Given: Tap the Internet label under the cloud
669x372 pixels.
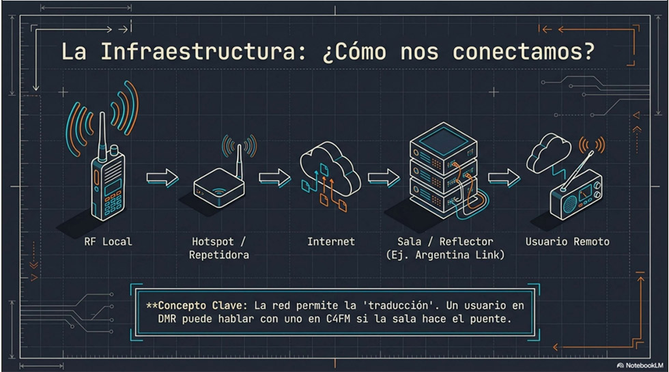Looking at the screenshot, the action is (330, 242).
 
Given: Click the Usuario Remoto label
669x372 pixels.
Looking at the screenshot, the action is (567, 242).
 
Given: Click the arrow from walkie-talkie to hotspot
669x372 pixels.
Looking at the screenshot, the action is (162, 178).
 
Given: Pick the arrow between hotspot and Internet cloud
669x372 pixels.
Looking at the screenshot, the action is (274, 178).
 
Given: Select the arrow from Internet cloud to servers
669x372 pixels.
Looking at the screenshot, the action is (384, 178).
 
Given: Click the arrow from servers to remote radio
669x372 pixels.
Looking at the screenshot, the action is (503, 178).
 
